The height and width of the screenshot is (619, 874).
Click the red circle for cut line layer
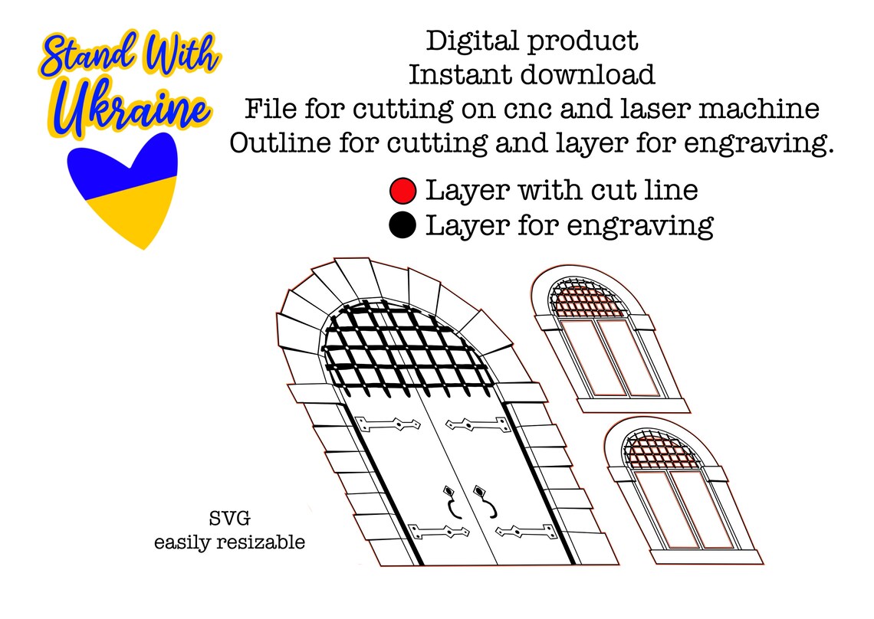click(402, 191)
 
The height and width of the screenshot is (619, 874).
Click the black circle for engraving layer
click(402, 225)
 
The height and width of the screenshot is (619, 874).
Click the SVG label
click(230, 519)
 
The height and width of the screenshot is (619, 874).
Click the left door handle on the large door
click(452, 502)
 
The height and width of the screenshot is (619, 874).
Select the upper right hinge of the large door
click(478, 425)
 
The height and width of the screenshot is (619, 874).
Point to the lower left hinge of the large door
click(438, 532)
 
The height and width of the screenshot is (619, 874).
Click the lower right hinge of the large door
click(527, 532)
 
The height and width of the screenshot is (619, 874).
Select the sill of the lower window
click(707, 557)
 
